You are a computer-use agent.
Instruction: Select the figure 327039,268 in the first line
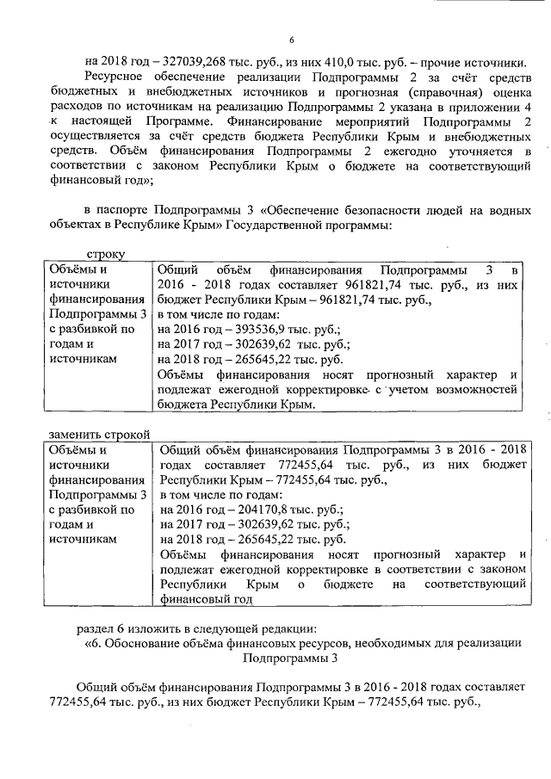184,62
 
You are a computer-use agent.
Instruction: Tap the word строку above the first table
106,255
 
